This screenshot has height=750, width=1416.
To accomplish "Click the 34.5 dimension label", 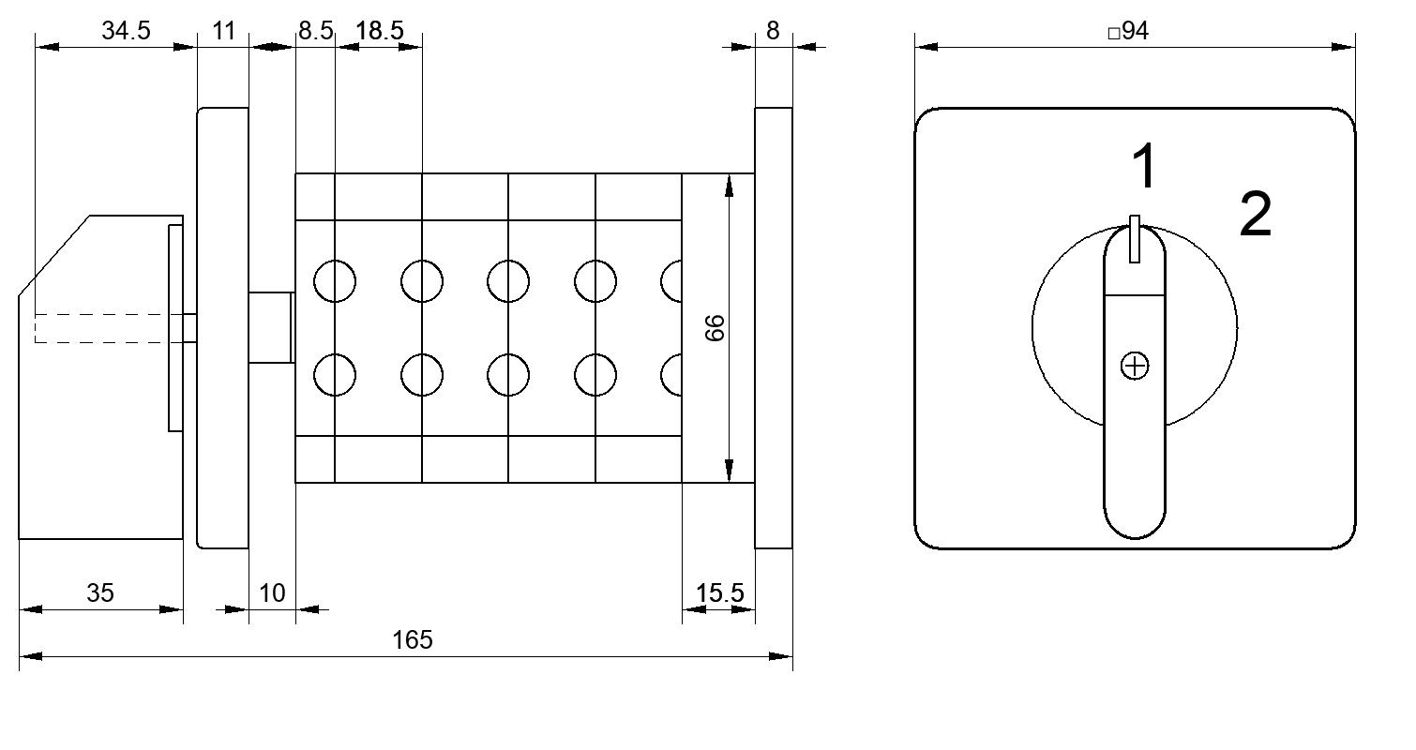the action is pyautogui.click(x=126, y=30).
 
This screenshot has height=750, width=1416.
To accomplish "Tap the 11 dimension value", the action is pyautogui.click(x=224, y=30).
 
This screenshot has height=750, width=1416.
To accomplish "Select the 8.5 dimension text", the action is pyautogui.click(x=315, y=30).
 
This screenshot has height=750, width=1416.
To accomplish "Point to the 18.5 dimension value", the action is pyautogui.click(x=379, y=30).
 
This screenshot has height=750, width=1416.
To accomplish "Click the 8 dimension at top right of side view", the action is pyautogui.click(x=773, y=30).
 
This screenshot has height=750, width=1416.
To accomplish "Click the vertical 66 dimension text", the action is pyautogui.click(x=715, y=328).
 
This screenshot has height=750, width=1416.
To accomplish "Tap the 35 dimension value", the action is pyautogui.click(x=100, y=592).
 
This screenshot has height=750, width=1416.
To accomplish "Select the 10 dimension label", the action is pyautogui.click(x=272, y=592).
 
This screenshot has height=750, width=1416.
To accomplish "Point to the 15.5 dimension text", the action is pyautogui.click(x=719, y=592).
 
